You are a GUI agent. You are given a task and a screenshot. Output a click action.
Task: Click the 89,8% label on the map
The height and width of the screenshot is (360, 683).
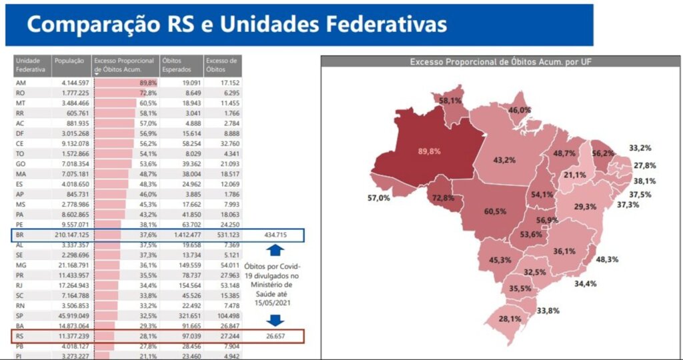coord(430,151)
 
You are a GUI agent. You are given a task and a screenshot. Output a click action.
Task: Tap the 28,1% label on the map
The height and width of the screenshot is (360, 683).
coord(510,318)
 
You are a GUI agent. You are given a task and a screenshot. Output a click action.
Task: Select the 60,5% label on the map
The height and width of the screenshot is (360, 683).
coord(495,211)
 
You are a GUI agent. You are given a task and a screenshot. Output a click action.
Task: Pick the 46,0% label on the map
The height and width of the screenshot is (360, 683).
coord(520,110)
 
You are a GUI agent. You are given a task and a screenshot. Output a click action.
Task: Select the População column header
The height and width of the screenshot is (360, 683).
coord(69,61)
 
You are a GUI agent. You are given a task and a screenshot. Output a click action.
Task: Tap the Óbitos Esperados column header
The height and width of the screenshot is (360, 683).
coord(176,65)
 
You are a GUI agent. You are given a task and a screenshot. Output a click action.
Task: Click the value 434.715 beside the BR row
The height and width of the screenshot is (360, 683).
coord(276,235)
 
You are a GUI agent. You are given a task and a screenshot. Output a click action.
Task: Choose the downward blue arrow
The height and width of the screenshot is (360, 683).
coord(276,319)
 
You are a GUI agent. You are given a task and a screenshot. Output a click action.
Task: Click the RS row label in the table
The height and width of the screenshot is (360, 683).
coord(20,337)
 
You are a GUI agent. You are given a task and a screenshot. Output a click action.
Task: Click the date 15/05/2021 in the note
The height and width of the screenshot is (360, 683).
coord(276,303)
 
